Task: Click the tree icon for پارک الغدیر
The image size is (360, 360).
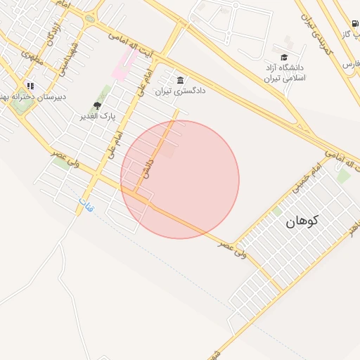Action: point(98,105)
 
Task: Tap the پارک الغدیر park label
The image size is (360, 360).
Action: point(98,115)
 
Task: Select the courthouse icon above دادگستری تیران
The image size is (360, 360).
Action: point(181,79)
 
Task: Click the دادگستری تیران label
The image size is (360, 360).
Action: point(173,91)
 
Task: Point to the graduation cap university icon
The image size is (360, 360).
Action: point(284,57)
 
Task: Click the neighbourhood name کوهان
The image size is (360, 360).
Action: point(302,221)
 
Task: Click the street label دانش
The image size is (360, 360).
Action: point(148,167)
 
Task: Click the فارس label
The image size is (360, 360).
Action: point(350,64)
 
